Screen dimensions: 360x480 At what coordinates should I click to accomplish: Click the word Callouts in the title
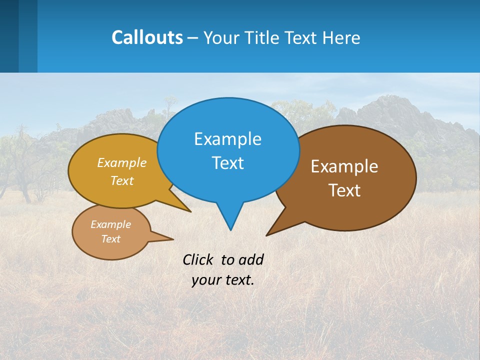click(147, 37)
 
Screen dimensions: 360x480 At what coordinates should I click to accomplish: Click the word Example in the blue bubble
click(227, 139)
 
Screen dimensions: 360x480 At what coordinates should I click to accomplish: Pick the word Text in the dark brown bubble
click(344, 190)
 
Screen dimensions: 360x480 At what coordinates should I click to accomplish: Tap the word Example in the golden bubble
click(122, 163)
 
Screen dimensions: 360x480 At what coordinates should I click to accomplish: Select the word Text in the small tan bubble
click(111, 239)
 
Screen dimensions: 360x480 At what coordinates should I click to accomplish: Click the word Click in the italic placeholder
click(199, 259)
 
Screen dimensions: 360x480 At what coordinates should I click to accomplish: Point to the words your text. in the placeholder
click(223, 280)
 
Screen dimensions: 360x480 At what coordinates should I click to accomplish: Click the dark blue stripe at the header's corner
click(9, 36)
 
